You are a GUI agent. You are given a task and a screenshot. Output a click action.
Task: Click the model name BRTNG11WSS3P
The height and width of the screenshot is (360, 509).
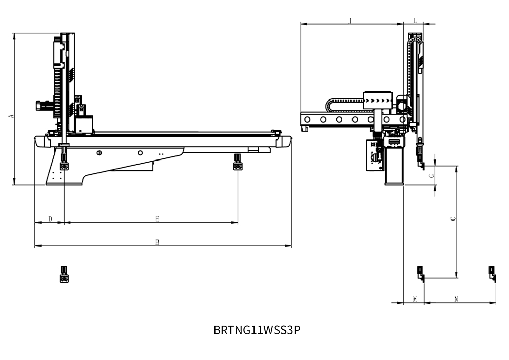point(257,330)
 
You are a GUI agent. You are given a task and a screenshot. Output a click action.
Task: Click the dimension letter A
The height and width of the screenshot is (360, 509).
point(12,116)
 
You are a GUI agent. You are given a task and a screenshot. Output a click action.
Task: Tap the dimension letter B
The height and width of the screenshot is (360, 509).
point(158,242)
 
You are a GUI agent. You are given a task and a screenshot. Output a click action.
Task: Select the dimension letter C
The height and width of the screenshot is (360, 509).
point(453,218)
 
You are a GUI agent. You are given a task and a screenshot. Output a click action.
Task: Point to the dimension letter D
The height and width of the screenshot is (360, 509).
point(50,219)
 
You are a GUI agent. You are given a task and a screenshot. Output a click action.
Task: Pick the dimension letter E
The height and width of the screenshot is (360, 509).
point(158,219)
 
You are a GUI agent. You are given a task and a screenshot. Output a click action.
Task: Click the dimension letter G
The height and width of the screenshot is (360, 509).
point(432,176)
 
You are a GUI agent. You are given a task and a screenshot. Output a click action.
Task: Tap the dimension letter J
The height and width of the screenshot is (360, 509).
point(350,21)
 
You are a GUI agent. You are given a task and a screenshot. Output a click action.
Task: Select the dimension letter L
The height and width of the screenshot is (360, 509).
point(415,21)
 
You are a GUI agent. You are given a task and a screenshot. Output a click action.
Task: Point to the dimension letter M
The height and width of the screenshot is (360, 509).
point(415,299)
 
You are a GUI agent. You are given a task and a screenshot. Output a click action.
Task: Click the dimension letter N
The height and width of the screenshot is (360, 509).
point(456,299)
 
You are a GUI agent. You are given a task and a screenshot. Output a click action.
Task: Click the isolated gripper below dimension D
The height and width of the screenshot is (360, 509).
point(64,274)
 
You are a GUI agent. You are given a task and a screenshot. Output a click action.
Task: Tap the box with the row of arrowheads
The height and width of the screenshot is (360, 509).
point(378,101)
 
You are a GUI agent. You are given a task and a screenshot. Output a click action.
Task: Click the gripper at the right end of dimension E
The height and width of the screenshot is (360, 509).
point(238,162)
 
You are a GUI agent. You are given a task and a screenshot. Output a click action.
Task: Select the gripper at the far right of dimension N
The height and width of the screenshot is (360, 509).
point(493,274)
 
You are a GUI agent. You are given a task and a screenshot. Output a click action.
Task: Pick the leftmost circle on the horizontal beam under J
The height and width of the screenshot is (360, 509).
point(307,119)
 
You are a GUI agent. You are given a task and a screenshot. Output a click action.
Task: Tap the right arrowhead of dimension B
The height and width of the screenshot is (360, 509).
point(288,246)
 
